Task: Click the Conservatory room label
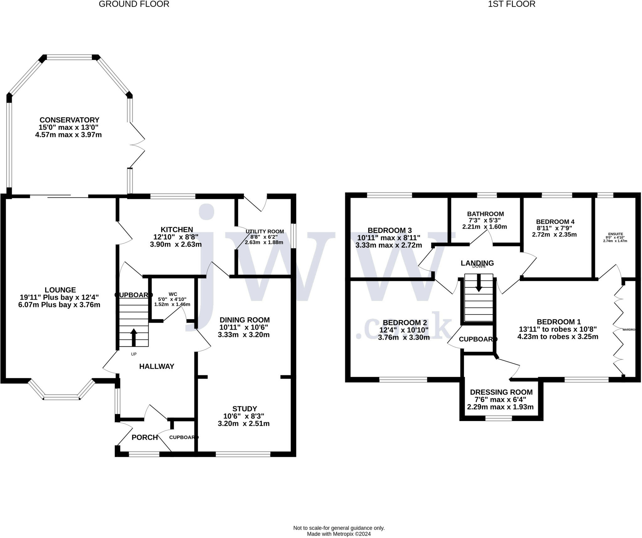point(69,120)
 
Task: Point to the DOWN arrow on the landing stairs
point(479,282)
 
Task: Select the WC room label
point(173,294)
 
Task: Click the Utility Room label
point(265,231)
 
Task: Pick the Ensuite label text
point(615,234)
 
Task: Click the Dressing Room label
point(501,392)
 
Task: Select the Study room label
point(245,409)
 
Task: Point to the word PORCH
point(145,437)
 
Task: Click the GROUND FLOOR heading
point(134,4)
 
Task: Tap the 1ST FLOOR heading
point(512,4)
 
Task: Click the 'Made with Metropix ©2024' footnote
point(339,534)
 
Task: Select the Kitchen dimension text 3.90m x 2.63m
point(176,244)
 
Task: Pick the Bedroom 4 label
point(555,222)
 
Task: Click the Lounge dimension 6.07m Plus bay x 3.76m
point(59,305)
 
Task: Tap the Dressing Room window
point(499,418)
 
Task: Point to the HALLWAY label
point(157,366)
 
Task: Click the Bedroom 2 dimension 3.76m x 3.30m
point(404,337)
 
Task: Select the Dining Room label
point(245,320)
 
